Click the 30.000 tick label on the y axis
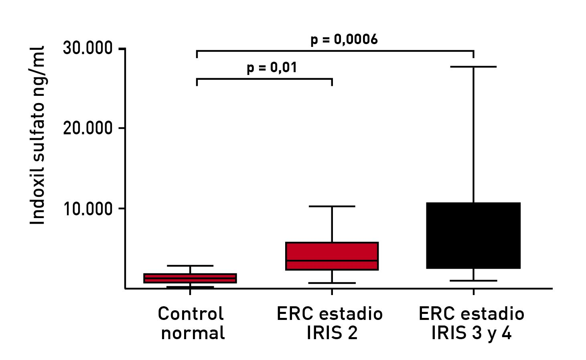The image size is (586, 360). coord(87,48)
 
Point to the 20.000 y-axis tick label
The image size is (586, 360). coord(87,128)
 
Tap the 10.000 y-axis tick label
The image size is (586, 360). coord(87,208)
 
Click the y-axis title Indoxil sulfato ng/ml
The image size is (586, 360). coord(38,135)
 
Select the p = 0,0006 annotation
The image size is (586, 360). coord(344,40)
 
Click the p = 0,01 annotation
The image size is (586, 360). coord(272,67)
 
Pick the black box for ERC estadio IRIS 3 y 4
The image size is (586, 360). coord(473,235)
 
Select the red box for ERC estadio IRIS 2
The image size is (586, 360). coord(332,251)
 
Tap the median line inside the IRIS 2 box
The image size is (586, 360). coord(332,261)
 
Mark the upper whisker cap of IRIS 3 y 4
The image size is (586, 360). coord(473,67)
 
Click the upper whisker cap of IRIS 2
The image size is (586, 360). coord(332,206)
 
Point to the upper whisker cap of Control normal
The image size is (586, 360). coord(190,266)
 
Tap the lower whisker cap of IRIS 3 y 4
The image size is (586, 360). coord(473,281)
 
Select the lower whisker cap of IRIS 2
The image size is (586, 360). coord(332,283)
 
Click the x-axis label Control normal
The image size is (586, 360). coord(191,323)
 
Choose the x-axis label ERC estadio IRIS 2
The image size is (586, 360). coord(330,323)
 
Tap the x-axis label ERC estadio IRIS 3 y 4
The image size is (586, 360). coord(472,323)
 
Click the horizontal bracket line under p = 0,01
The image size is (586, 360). coord(264,79)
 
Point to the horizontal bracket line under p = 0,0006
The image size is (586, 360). coord(335,51)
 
